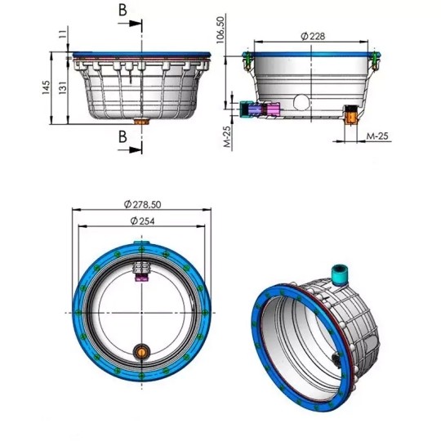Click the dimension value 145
click(x=46, y=87)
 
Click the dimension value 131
click(x=64, y=87)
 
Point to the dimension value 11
click(x=64, y=33)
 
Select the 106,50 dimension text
click(x=220, y=30)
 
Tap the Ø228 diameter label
click(x=313, y=36)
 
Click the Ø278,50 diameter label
click(x=142, y=204)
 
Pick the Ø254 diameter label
click(x=142, y=221)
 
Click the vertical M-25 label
click(x=228, y=136)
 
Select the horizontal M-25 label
click(x=377, y=136)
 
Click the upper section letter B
click(x=122, y=11)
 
